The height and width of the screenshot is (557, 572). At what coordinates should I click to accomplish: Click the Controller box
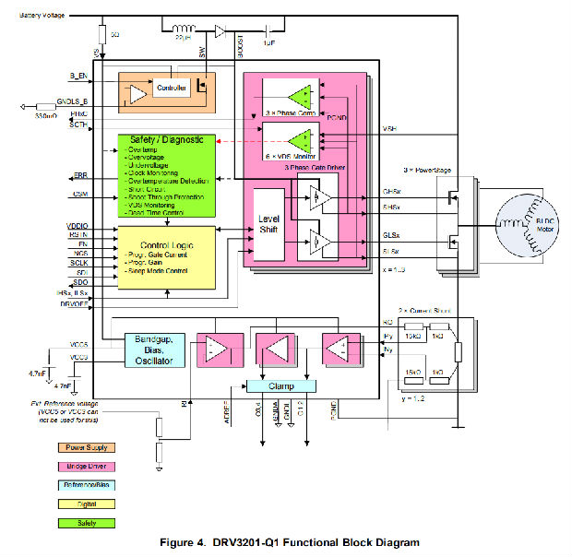[173, 89]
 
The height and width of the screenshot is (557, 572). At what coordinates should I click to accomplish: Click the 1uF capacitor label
[268, 42]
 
